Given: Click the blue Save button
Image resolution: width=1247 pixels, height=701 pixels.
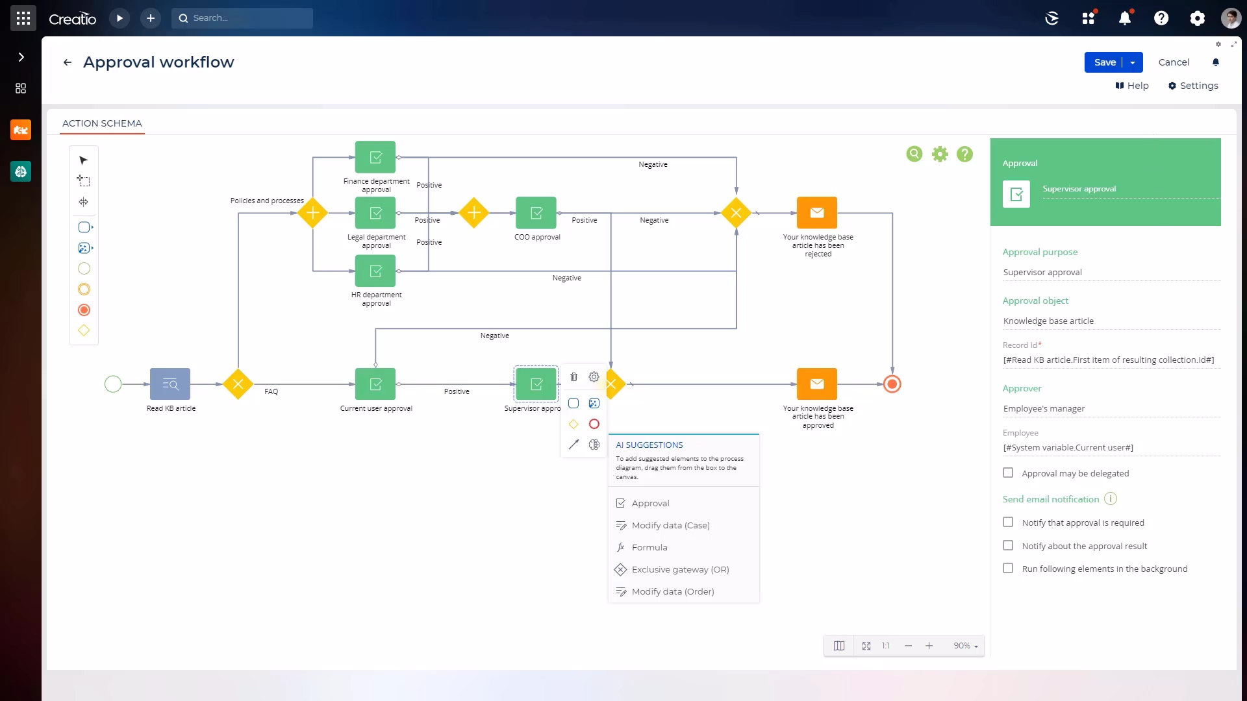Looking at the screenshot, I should (x=1104, y=62).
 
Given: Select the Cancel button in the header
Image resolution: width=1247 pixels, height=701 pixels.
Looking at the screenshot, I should (x=1174, y=62).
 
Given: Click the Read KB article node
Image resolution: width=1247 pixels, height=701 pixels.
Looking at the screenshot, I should (x=170, y=384).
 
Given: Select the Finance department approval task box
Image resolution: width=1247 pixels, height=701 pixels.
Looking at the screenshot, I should (x=375, y=158).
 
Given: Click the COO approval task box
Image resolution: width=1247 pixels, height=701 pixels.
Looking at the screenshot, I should (x=536, y=213).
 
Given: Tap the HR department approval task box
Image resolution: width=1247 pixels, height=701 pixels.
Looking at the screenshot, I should (x=375, y=271).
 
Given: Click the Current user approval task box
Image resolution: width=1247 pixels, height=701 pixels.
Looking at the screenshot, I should (x=375, y=384).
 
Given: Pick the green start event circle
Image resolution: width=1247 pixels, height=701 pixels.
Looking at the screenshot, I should (x=113, y=384).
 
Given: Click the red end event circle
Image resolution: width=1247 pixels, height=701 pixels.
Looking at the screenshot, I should (x=892, y=384).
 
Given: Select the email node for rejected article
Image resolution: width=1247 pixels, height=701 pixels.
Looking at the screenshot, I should (x=817, y=213).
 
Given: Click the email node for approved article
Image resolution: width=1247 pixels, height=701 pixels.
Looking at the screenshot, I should (x=817, y=384).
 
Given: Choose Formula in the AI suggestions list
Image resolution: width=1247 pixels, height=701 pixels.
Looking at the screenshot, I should (x=649, y=547).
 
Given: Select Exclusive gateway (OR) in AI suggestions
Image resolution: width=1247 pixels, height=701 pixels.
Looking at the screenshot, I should (x=679, y=569).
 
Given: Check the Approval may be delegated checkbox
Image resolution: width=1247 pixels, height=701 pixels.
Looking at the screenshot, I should (x=1008, y=473).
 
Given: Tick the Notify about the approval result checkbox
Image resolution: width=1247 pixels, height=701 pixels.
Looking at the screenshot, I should (x=1008, y=545).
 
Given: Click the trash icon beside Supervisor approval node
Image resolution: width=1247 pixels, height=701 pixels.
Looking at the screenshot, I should (x=573, y=377).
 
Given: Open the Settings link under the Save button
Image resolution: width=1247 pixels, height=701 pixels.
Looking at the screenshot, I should (x=1193, y=86).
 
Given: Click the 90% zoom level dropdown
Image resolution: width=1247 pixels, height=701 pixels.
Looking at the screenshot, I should (x=965, y=646).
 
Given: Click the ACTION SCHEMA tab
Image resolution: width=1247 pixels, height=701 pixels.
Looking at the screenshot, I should (x=102, y=123).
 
